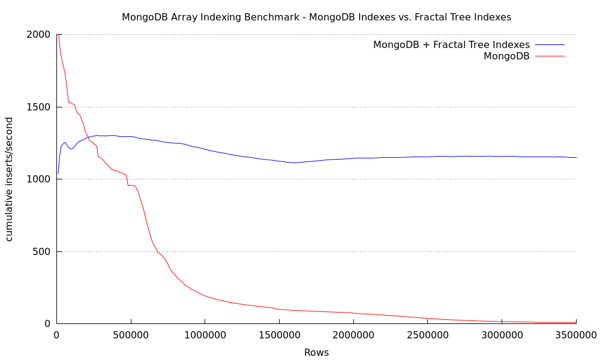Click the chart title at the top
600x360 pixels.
(316, 17)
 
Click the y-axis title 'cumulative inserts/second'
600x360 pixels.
(9, 179)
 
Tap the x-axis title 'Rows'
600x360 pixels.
(316, 352)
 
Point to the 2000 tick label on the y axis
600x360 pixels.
(38, 35)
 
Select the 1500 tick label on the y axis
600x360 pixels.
(38, 107)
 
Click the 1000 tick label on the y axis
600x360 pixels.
(38, 179)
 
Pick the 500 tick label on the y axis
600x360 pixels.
(41, 252)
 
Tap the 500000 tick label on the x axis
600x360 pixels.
(131, 335)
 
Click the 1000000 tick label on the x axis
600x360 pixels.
(205, 335)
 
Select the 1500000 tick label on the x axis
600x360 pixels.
(280, 335)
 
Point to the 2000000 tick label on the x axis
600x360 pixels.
(353, 335)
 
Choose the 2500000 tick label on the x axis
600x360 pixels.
(428, 335)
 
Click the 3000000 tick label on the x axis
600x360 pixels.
(502, 335)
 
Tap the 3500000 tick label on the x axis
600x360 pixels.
(576, 335)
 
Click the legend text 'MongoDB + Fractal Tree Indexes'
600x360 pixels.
(452, 45)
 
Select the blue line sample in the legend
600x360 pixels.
(550, 45)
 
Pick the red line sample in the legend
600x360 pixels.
(550, 56)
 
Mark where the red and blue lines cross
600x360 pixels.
(88, 137)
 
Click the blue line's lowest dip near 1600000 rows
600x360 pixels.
(294, 163)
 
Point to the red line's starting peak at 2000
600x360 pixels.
(58, 35)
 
